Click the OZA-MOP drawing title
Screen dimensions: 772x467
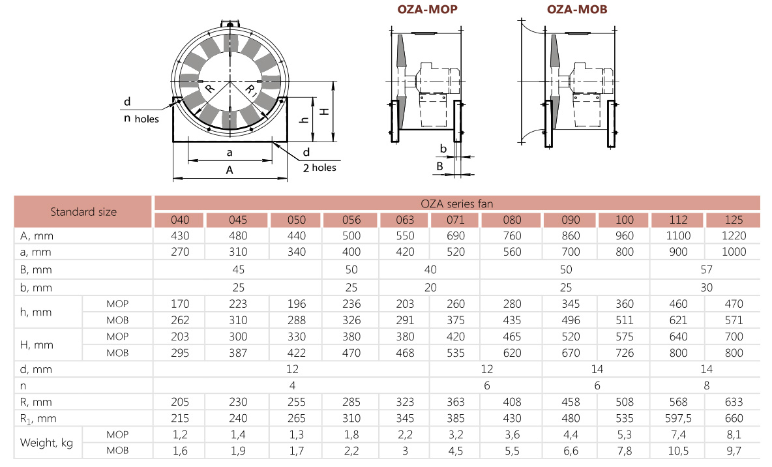click(x=427, y=10)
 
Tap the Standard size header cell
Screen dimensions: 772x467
click(x=83, y=211)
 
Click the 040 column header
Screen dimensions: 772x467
click(x=179, y=220)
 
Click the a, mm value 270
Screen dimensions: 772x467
click(x=179, y=252)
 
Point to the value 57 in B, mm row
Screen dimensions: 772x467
click(x=706, y=269)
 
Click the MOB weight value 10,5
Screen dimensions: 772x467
click(x=677, y=451)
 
